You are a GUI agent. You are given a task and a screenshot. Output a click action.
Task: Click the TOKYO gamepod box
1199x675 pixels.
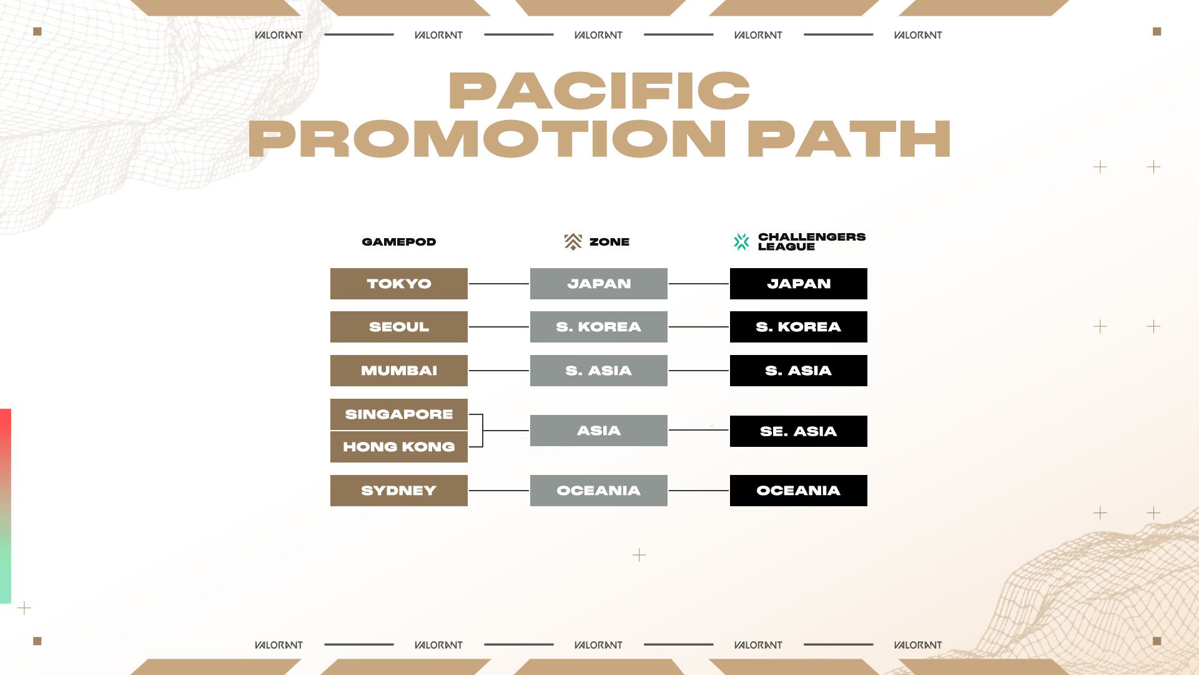coord(399,284)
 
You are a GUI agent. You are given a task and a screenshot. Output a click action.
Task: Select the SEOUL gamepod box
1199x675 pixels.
coord(399,327)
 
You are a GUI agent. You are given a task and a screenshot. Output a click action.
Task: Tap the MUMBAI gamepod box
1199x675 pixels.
coord(399,371)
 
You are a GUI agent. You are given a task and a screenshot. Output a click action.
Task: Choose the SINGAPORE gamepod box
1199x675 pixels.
coord(399,414)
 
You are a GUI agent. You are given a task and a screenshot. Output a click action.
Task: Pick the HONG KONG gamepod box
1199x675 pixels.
coord(399,447)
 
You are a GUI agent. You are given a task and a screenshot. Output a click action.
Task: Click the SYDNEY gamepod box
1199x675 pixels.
coord(399,491)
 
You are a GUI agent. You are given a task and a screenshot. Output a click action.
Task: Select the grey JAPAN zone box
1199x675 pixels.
coord(599,284)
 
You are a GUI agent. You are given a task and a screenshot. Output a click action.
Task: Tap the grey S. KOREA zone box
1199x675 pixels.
coord(599,327)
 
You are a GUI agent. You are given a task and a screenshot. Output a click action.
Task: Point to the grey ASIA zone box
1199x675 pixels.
coord(599,431)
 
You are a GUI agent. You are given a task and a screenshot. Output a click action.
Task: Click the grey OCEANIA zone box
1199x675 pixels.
coord(599,491)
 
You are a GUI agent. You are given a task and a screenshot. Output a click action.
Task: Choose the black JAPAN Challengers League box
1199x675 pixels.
coord(799,284)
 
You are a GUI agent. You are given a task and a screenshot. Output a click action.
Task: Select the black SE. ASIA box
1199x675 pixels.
coord(799,431)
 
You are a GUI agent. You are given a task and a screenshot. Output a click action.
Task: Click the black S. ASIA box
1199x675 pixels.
coord(799,371)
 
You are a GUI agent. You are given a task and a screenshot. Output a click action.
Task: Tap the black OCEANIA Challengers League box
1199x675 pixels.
coord(799,491)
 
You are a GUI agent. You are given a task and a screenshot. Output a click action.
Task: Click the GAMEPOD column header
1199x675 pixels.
coord(399,242)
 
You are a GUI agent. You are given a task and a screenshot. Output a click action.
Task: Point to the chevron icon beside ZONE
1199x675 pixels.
coord(573,242)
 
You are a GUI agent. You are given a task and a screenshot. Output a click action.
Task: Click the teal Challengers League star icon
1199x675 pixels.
coord(741,242)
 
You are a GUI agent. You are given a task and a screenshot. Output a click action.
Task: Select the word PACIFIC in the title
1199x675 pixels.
coord(599,91)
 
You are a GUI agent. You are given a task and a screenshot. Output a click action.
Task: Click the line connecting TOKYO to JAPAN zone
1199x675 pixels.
coord(499,284)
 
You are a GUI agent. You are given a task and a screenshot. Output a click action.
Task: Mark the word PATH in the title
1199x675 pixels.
coord(849,139)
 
